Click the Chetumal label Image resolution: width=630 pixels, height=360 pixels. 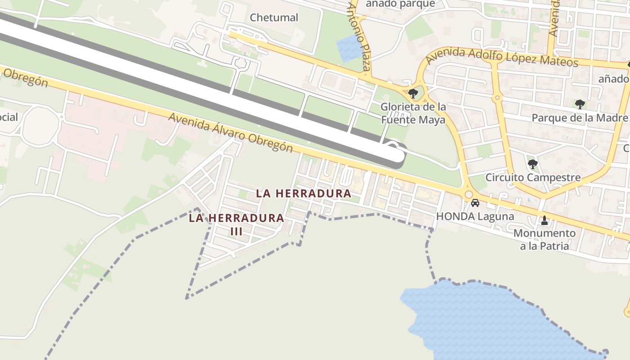point(274,18)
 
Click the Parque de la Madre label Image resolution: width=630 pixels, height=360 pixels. point(580,118)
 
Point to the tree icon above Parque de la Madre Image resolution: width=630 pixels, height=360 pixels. point(580,104)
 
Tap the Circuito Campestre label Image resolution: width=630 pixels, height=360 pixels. point(533,177)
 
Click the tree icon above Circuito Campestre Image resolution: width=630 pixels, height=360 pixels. point(533,164)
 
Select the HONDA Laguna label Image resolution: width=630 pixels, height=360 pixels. point(475,216)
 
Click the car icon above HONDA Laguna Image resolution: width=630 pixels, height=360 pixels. point(475,203)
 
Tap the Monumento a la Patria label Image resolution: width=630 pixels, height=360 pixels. point(544,239)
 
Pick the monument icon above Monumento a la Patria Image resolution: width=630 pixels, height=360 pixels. point(544,220)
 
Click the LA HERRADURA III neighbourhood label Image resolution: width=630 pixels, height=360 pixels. point(236,224)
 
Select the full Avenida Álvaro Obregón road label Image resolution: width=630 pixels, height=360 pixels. point(230,133)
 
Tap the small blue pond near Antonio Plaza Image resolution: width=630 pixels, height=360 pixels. point(349,48)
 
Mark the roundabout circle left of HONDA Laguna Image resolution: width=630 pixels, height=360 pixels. point(468,194)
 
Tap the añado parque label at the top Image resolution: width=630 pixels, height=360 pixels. point(400,4)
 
